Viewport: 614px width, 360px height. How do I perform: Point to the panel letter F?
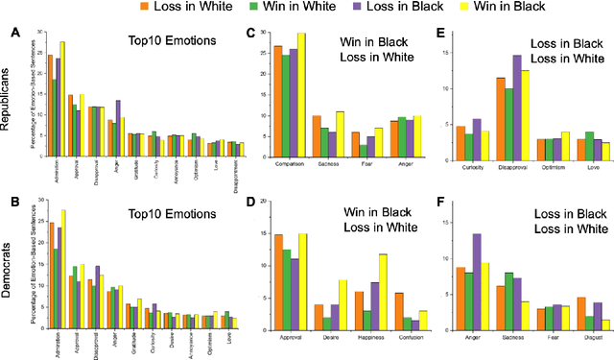coord(438,204)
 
